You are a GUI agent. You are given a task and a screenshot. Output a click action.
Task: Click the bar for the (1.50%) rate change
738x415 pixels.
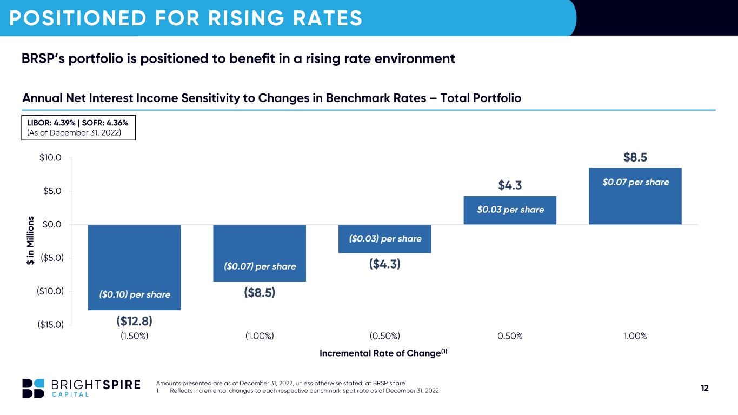click(135, 267)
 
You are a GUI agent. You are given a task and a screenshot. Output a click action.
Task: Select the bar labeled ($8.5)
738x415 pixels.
click(260, 253)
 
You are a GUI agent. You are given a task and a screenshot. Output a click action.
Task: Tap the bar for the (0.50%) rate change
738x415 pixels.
click(385, 239)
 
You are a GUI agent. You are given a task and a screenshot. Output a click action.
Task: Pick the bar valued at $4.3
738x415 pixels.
click(510, 210)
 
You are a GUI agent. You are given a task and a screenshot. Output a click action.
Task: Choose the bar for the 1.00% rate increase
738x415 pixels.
click(635, 196)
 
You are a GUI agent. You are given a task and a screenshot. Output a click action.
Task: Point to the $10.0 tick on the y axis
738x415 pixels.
click(50, 157)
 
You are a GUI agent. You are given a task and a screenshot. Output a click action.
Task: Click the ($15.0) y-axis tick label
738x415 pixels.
click(50, 325)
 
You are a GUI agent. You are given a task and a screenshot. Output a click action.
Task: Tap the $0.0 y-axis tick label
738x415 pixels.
click(52, 224)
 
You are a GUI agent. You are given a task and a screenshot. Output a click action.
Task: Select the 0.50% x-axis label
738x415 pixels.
click(510, 336)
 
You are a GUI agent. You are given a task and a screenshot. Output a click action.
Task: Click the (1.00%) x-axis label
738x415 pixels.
click(260, 336)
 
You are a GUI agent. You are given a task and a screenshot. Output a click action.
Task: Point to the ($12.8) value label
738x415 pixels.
click(135, 321)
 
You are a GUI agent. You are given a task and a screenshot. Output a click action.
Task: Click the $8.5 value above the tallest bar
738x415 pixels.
click(635, 157)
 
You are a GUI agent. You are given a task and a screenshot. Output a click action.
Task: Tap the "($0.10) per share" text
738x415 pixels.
click(135, 294)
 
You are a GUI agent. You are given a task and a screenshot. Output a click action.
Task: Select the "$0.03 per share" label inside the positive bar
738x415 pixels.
click(511, 210)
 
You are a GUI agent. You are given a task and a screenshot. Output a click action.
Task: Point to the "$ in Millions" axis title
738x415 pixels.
click(30, 240)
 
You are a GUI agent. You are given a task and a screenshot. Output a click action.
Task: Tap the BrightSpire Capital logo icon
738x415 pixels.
click(34, 389)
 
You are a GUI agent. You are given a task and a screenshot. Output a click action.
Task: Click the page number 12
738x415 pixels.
click(704, 388)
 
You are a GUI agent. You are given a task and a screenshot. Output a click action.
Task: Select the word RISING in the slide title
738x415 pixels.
click(246, 18)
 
